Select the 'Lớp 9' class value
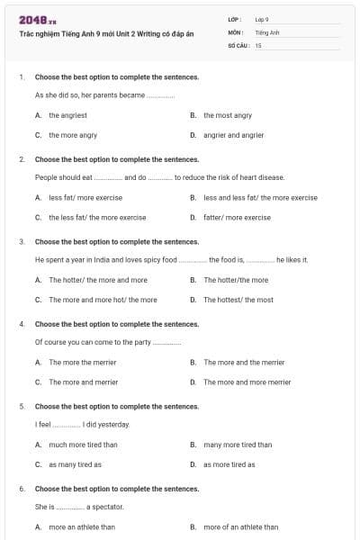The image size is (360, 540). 262,18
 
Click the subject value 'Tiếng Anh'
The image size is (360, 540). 265,31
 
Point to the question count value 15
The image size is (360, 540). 258,44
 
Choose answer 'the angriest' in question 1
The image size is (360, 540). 67,115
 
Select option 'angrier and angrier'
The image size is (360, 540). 233,135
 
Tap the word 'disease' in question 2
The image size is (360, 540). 270,177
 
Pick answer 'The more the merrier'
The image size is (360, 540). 83,362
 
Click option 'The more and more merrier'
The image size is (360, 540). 247,382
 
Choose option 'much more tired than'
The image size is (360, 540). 83,444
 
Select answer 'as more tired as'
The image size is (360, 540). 229,464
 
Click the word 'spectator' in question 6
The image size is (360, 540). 105,507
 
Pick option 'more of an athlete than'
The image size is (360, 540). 240,526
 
